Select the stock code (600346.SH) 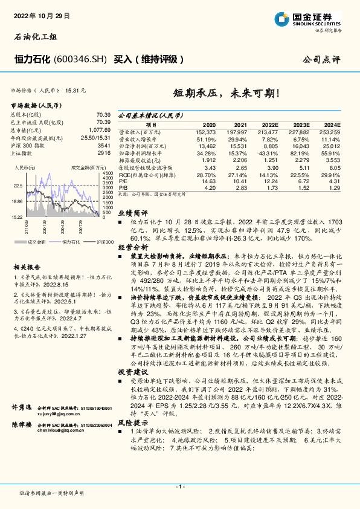pyautogui.click(x=80, y=59)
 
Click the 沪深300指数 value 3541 pyautogui.click(x=104, y=146)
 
